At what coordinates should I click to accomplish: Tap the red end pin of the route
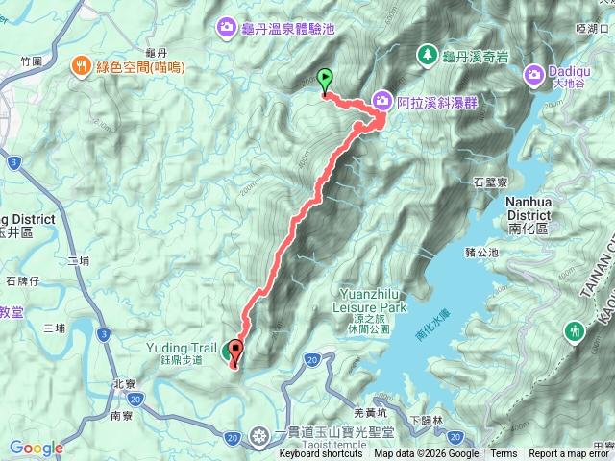[x=234, y=352]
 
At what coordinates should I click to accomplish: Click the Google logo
[x=37, y=448]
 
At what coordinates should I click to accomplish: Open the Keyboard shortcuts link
[x=321, y=454]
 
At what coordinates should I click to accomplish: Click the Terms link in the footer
[x=504, y=454]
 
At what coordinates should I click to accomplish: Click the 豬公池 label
[x=480, y=252]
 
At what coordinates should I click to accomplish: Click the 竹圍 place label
[x=31, y=61]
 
